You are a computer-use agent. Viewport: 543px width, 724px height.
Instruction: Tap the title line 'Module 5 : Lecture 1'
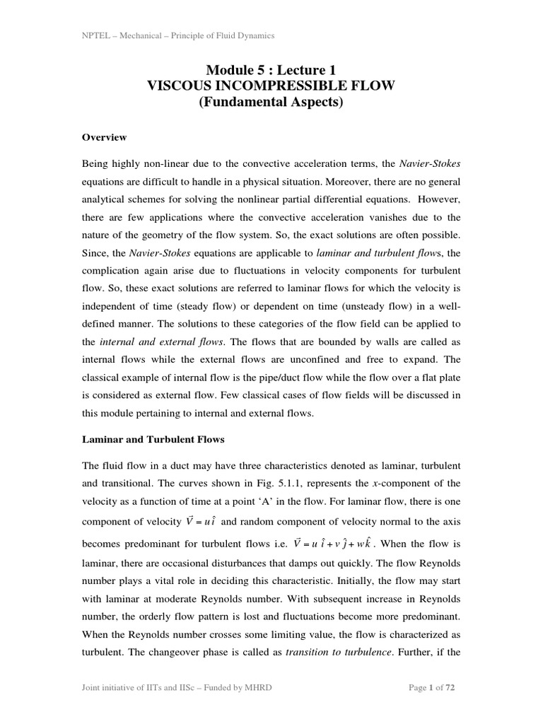coord(271,70)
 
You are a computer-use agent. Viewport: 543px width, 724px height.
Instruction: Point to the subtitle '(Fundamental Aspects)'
coord(271,103)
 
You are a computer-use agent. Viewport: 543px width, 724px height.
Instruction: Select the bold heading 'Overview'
coord(105,137)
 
